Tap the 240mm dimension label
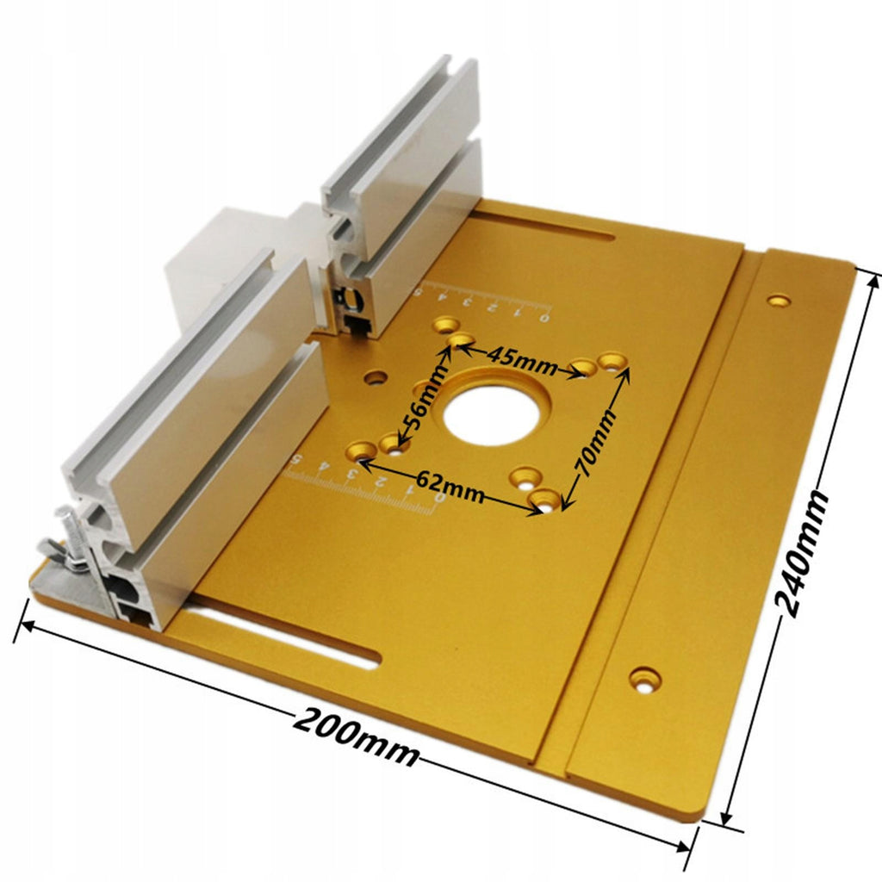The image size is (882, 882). [802, 553]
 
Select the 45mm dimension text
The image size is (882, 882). [523, 360]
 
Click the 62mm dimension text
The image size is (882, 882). [450, 486]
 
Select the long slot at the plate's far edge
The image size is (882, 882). [547, 225]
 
